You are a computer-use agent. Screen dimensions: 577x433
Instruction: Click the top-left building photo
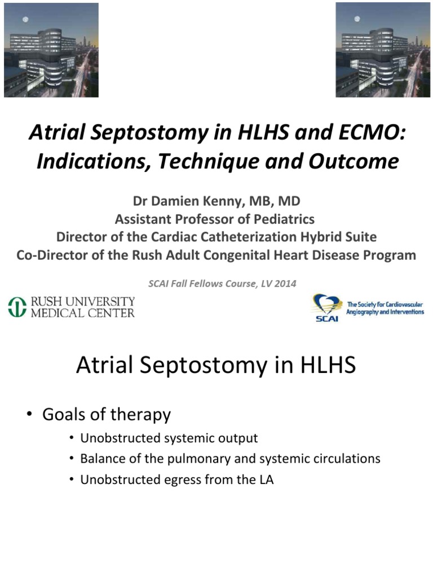[51, 50]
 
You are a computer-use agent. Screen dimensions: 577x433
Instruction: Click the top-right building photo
[383, 50]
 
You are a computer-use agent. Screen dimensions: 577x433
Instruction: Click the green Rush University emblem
[17, 307]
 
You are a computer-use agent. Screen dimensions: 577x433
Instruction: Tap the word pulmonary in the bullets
[195, 459]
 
